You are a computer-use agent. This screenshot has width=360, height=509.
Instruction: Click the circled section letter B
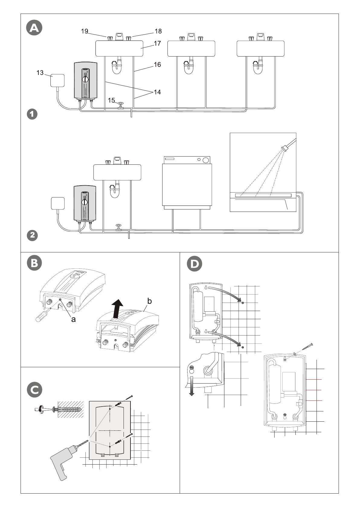34,263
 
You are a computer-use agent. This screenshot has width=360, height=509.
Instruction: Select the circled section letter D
194,264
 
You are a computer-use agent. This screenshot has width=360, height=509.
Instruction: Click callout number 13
40,73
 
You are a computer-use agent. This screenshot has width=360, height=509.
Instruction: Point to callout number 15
111,100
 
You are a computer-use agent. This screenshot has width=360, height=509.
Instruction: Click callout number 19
85,31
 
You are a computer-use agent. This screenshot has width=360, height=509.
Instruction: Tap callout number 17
157,43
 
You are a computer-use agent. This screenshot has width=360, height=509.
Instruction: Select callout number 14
157,92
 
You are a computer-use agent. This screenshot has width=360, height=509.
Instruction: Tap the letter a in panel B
73,319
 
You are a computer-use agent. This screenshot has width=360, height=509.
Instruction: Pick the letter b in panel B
149,301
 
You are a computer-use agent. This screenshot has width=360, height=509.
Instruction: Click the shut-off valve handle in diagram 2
118,225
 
